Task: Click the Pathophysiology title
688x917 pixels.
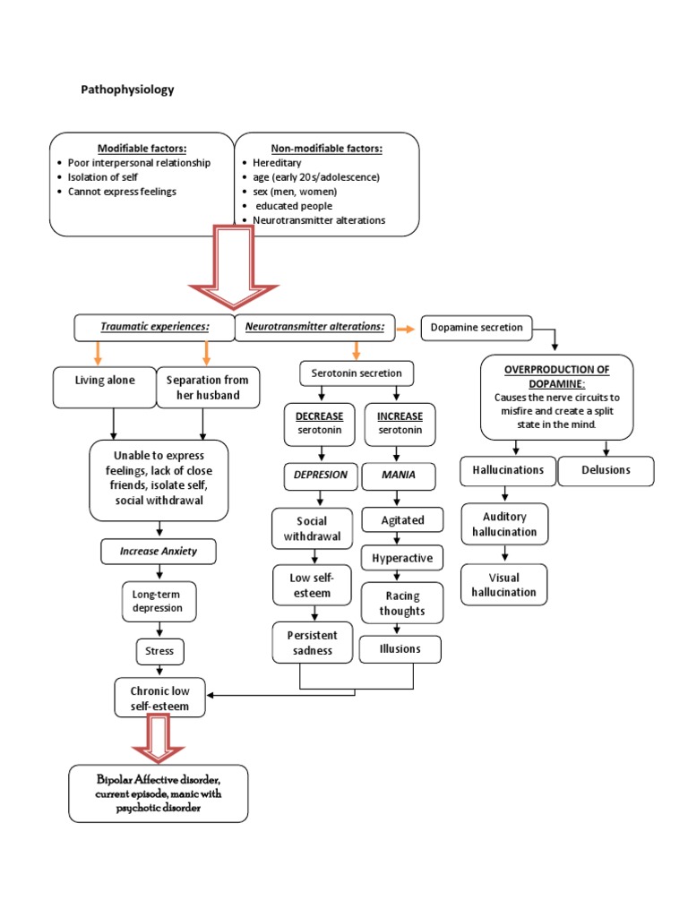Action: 127,90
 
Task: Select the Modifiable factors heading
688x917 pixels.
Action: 142,148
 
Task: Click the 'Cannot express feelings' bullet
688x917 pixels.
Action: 122,192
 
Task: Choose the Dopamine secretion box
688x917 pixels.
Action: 477,328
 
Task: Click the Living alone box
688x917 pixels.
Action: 104,381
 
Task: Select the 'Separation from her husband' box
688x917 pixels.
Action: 209,387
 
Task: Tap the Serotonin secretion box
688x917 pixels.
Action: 357,373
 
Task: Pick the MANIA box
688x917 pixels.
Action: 400,476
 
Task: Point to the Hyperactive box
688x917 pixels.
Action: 402,558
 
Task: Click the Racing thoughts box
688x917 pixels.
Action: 402,604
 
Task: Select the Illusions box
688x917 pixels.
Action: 400,649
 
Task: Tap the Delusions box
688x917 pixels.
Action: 606,470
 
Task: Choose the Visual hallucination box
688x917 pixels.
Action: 504,585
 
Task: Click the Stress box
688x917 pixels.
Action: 159,651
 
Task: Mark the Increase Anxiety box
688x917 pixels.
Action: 159,552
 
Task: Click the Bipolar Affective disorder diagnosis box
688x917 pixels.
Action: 159,793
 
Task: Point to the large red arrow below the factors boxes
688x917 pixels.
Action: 233,273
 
